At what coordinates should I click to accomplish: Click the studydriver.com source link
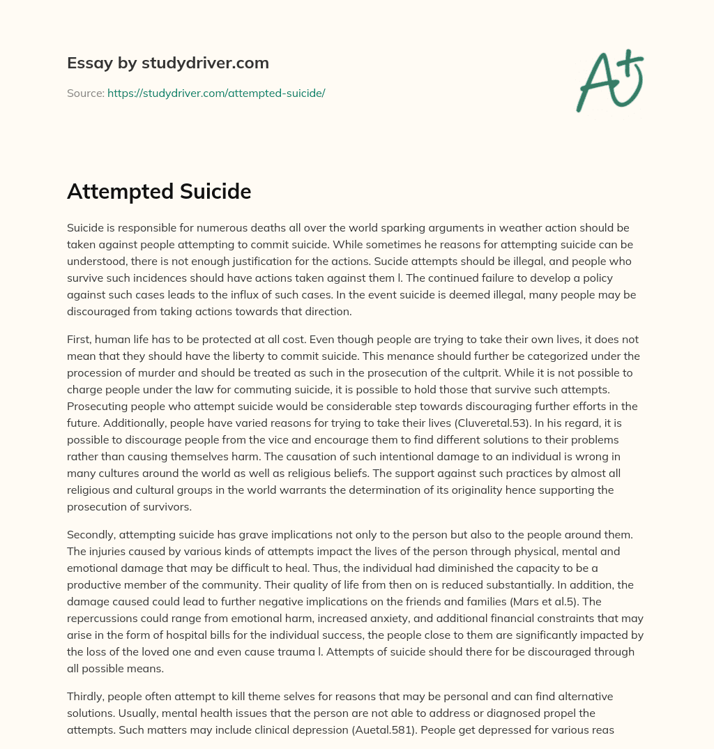pyautogui.click(x=216, y=93)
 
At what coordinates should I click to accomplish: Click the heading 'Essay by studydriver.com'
pyautogui.click(x=168, y=63)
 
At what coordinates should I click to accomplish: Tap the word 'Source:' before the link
pyautogui.click(x=86, y=93)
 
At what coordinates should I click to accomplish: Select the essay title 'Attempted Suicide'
pyautogui.click(x=159, y=191)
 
